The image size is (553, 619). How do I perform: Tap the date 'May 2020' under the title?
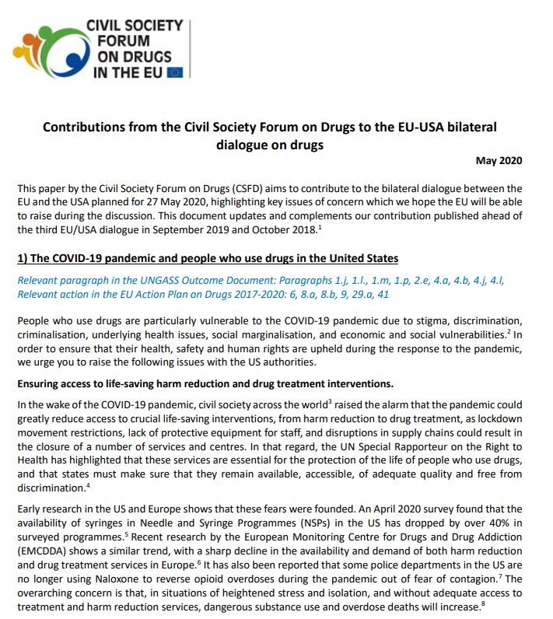coord(499,161)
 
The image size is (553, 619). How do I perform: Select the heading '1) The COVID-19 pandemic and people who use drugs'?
coord(210,258)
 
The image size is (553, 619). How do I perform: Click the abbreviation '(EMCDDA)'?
coord(44,565)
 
